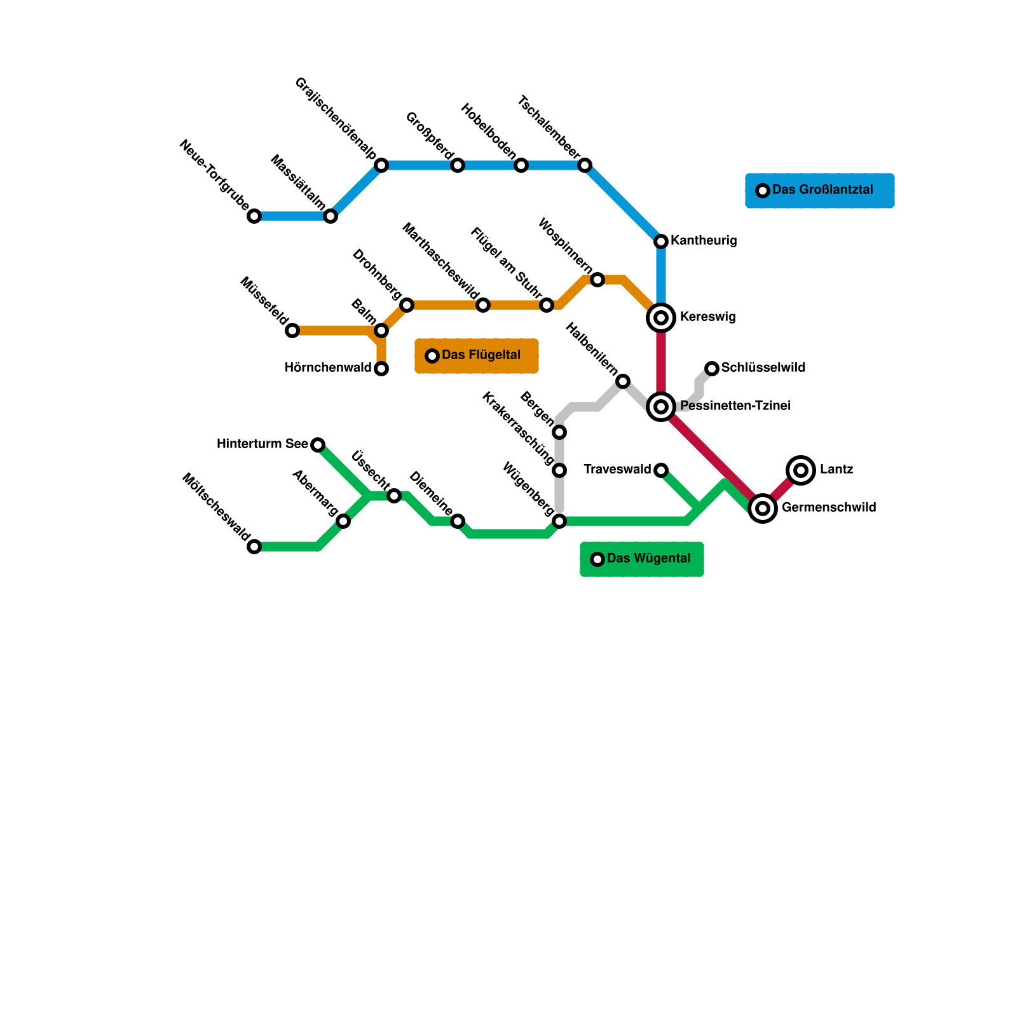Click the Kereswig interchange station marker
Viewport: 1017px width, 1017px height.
(661, 318)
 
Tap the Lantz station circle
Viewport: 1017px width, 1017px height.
(801, 470)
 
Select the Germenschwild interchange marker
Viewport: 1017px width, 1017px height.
(763, 508)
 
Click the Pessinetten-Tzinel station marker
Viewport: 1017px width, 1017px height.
(661, 407)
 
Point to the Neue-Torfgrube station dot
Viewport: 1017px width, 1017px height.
(254, 216)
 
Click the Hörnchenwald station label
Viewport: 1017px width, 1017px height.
(327, 368)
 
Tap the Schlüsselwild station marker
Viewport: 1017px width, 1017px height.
(712, 369)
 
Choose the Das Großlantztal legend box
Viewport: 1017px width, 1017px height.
(819, 191)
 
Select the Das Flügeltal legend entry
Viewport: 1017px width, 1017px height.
(477, 356)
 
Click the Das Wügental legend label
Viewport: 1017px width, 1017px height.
(648, 559)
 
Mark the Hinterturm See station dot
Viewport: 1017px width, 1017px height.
(318, 445)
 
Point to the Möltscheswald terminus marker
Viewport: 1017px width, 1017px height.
(254, 547)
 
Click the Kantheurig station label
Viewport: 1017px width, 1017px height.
(704, 241)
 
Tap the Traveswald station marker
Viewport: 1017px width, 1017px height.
(661, 470)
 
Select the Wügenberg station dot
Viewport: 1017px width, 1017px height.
(559, 521)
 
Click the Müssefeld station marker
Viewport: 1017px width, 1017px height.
(292, 331)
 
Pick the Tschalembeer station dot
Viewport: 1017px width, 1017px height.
(585, 165)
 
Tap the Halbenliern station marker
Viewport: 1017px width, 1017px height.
(623, 381)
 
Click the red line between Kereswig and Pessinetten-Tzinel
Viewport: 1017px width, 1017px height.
(661, 362)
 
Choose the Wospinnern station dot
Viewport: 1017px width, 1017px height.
(597, 280)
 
